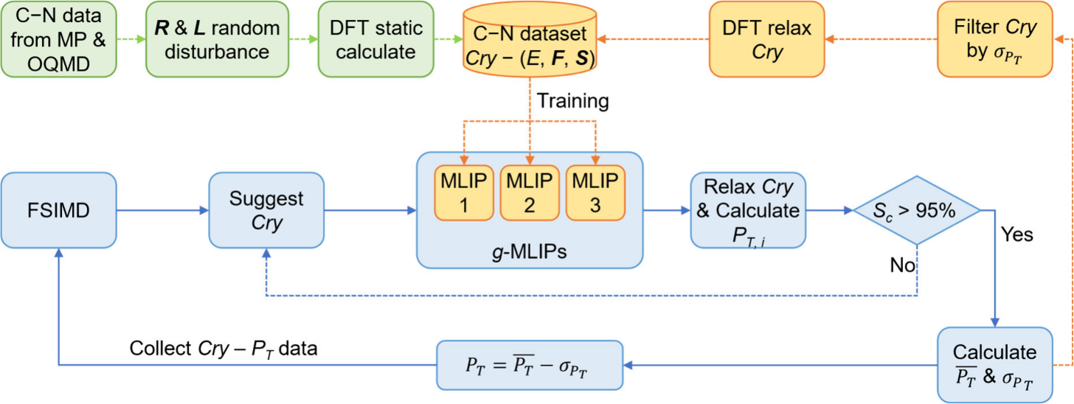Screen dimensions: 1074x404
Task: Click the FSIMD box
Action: tap(58, 210)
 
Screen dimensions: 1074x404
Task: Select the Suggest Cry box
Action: tap(266, 210)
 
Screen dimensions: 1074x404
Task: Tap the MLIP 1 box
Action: tap(464, 192)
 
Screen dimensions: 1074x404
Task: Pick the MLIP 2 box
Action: tap(530, 192)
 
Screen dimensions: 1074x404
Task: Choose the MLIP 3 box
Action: tap(595, 192)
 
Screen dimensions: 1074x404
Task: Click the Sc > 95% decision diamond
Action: tap(917, 210)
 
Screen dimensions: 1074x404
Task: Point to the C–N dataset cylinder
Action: tap(530, 39)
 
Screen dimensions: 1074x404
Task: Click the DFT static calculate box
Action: tap(375, 39)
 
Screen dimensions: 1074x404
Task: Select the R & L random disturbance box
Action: tap(217, 39)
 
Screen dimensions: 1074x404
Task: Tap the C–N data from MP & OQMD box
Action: tap(58, 39)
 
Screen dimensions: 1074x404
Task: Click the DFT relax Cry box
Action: tap(766, 39)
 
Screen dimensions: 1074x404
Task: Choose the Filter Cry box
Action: tap(995, 39)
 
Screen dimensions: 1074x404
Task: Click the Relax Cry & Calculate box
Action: tap(748, 210)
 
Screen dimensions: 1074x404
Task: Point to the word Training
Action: tap(573, 101)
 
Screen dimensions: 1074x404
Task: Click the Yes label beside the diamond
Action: tap(1017, 234)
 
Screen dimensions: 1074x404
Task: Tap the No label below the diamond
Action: tap(902, 265)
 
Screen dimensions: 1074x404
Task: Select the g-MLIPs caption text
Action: tap(530, 251)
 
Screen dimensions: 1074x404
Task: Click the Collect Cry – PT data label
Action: tap(224, 349)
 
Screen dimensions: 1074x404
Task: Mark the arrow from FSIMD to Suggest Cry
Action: tap(162, 210)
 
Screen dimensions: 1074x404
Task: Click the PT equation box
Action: tap(530, 365)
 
